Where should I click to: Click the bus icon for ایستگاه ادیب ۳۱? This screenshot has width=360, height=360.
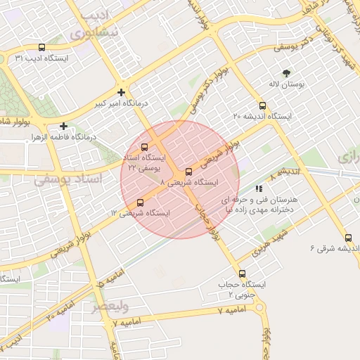point(41,48)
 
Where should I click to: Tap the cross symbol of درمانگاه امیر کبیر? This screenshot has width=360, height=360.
point(122,92)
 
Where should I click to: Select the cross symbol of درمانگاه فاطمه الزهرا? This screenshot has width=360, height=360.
point(63,126)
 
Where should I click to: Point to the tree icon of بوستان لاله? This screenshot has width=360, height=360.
point(286,73)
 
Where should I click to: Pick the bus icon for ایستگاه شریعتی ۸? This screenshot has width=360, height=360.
point(188,172)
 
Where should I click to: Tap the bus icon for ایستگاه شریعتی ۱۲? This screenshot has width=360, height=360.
point(140,203)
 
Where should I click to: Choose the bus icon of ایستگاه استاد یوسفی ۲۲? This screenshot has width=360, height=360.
point(144,147)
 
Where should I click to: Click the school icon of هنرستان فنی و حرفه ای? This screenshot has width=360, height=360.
point(259,188)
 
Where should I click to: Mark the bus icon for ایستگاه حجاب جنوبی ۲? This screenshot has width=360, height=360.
point(243,274)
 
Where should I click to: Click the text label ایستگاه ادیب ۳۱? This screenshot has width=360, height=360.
point(41,58)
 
